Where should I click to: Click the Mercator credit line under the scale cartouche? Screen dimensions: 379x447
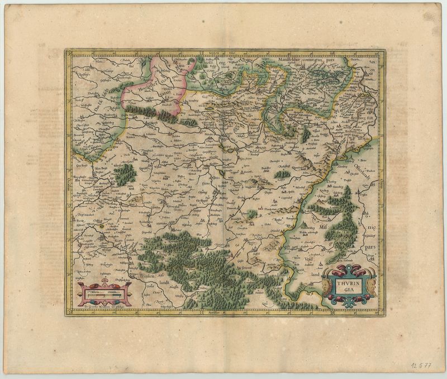pyautogui.click(x=104, y=306)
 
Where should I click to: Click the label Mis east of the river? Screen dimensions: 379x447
pyautogui.click(x=323, y=227)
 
